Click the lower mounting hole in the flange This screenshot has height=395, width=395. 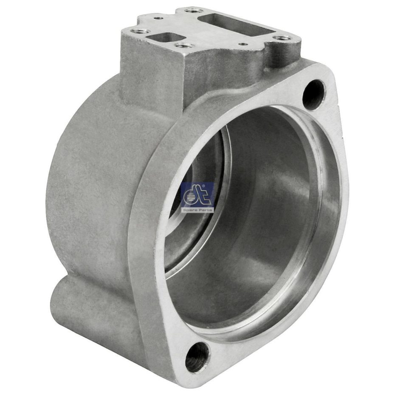pos(197,357)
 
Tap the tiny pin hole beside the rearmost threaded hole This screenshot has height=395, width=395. pos(159,19)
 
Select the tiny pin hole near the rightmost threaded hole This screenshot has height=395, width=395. pos(243,44)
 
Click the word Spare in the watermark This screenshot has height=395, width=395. pos(189,210)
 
